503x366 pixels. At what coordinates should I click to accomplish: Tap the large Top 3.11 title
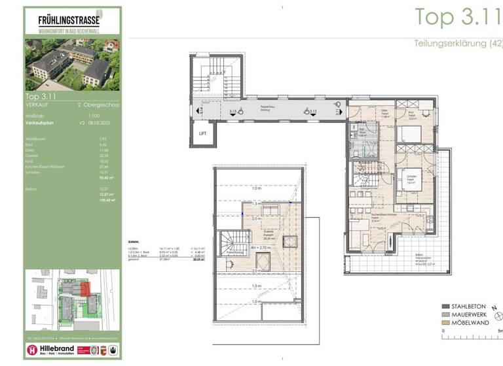click(458, 17)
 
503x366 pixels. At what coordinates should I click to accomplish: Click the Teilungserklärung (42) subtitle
click(458, 44)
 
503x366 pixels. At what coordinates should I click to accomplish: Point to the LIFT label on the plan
click(202, 133)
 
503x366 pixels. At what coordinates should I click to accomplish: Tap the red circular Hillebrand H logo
click(32, 351)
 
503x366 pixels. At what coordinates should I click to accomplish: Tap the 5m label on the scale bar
click(500, 331)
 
